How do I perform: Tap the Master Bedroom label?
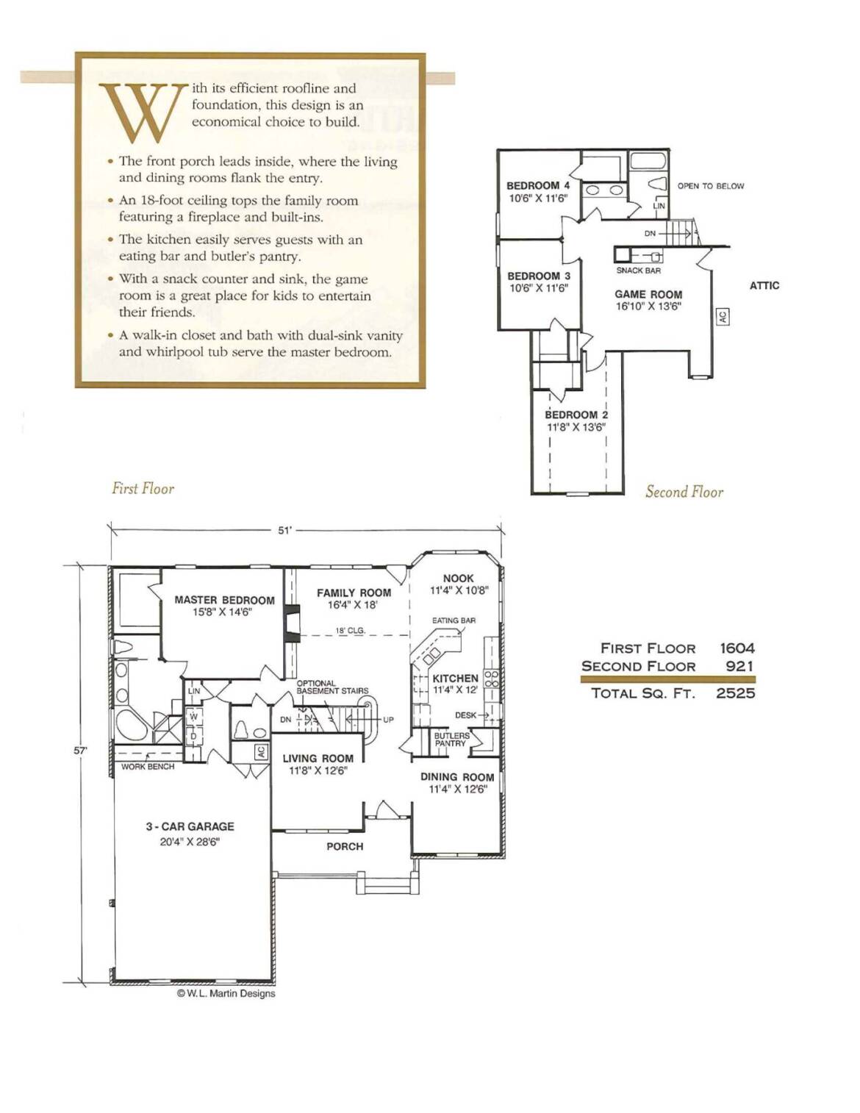(224, 600)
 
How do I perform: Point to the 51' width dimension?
(284, 531)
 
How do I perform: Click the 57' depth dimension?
(80, 751)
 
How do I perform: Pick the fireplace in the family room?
(293, 623)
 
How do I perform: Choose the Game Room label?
(648, 295)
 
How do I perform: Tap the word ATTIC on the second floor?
(764, 286)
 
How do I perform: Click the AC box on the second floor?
(723, 317)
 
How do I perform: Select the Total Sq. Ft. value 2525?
(735, 693)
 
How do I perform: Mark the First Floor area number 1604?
(737, 648)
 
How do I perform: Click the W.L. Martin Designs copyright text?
(226, 993)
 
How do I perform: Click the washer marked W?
(193, 717)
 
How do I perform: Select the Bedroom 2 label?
(576, 415)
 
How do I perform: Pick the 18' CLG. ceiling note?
(351, 631)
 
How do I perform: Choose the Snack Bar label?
(638, 271)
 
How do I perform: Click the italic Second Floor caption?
(684, 492)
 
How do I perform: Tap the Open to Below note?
(711, 186)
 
